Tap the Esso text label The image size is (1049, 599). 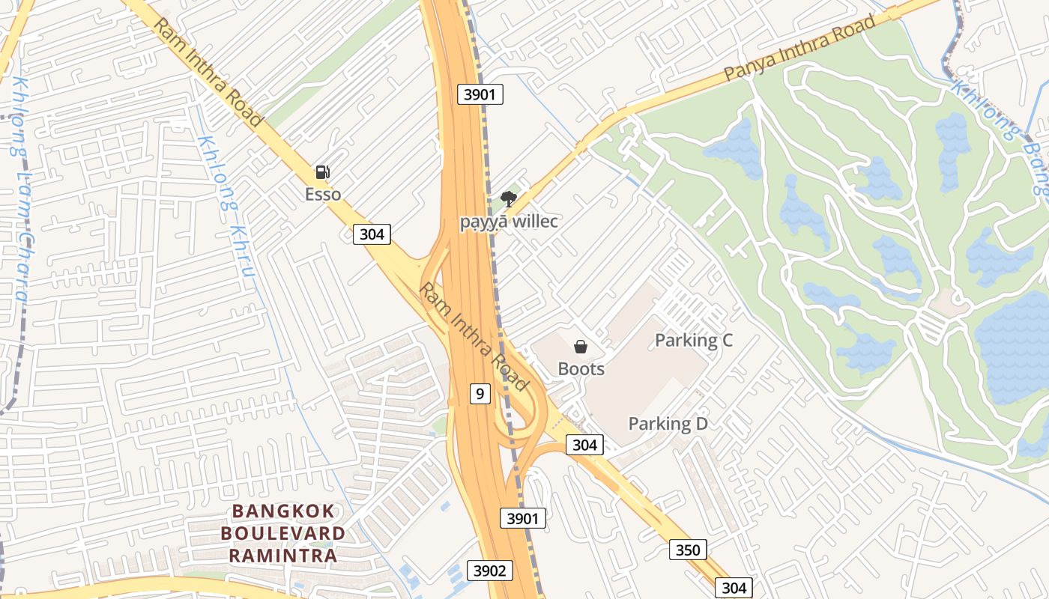[323, 195]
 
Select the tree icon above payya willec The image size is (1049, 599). [509, 198]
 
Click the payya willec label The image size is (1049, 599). [509, 222]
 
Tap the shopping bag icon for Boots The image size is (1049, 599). [581, 347]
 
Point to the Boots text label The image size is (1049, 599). [581, 369]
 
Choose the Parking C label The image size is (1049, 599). [694, 341]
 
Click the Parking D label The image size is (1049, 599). [668, 424]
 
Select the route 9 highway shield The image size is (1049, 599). [480, 392]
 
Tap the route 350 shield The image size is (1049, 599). [687, 550]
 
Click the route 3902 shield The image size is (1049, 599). [490, 571]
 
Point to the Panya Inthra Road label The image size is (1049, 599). [799, 49]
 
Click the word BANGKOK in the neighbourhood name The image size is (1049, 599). [283, 511]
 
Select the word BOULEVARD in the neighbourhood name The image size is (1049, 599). [283, 534]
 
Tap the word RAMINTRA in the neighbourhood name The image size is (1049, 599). [283, 556]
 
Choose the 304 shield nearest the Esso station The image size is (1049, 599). [372, 234]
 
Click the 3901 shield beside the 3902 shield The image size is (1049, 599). [523, 518]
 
